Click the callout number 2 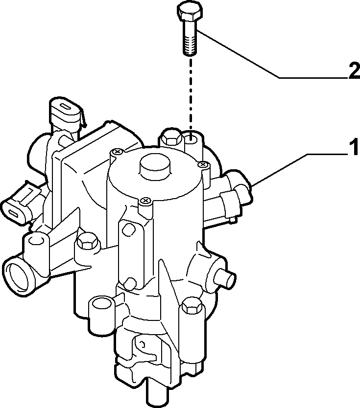354,70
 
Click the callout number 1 354,147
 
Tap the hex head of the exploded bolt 190,13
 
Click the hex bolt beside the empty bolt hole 171,136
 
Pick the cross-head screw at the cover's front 145,201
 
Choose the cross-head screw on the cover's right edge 203,164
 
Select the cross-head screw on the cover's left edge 117,152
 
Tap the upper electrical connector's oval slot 66,107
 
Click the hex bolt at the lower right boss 192,306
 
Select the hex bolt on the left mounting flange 87,241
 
